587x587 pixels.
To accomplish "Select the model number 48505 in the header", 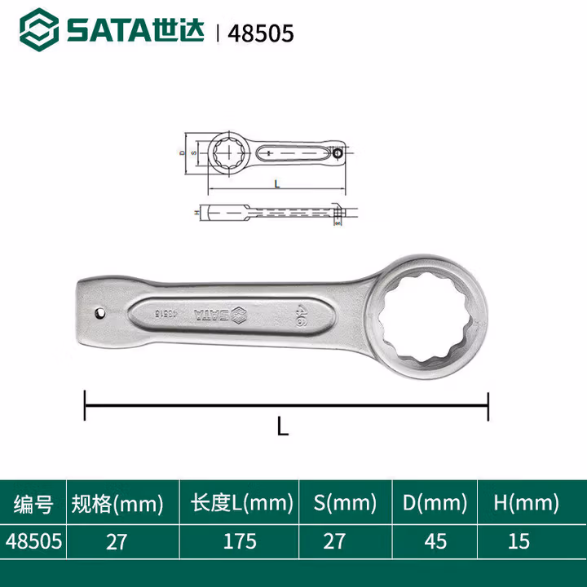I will (x=263, y=33).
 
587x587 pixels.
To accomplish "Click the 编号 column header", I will (x=33, y=503).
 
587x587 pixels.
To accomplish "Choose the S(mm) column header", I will (x=346, y=503).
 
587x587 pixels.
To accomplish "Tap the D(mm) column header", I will (x=436, y=503).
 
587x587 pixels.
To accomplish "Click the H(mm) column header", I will (x=526, y=503).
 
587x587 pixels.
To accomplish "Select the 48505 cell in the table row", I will (x=33, y=541).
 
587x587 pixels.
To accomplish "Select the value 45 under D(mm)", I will (x=436, y=541).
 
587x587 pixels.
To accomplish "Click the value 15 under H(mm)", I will (x=519, y=541).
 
